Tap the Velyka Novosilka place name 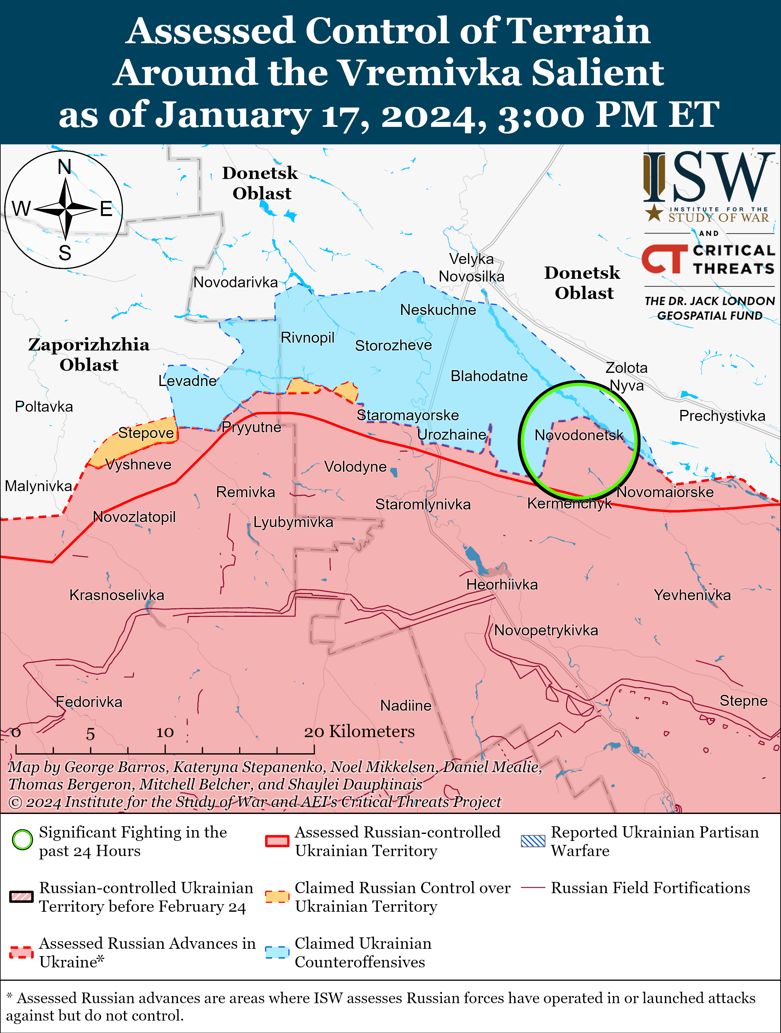tap(471, 267)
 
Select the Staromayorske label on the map tap(408, 415)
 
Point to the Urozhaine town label tap(451, 435)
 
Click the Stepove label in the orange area tap(146, 433)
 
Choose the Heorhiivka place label tap(502, 585)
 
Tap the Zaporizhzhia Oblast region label tap(89, 354)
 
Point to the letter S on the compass tap(65, 253)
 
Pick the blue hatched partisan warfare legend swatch tap(533, 841)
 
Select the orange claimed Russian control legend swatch tap(277, 897)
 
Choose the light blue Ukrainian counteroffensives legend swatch tap(277, 952)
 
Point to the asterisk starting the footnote tap(9, 997)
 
